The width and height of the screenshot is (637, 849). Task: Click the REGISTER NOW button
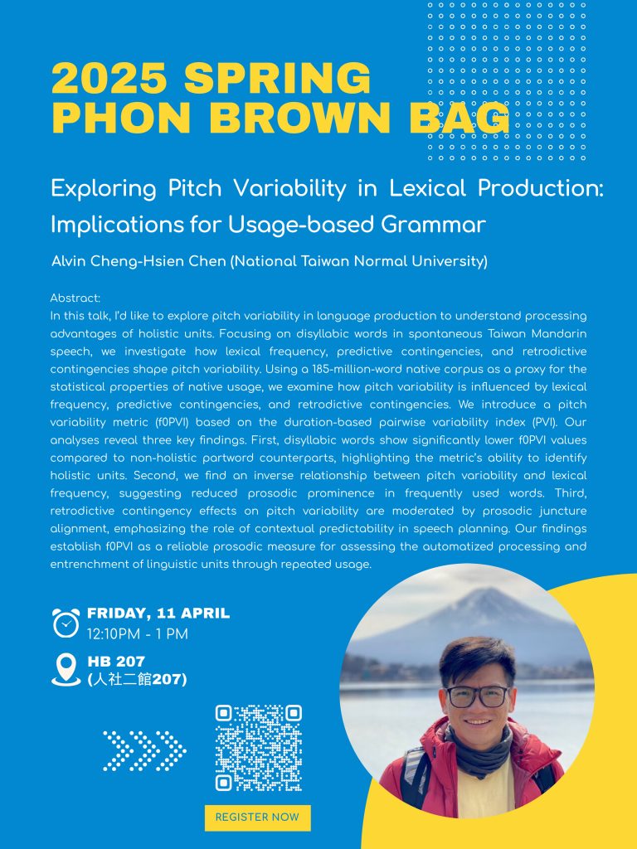point(257,817)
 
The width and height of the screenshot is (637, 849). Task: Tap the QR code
point(259,748)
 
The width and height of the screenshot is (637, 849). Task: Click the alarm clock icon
point(66,623)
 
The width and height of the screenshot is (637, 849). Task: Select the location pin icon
point(66,670)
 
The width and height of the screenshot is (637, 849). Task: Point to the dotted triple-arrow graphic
point(144,751)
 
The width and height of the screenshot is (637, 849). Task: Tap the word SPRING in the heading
point(277,78)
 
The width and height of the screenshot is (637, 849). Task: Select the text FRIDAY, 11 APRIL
point(158,613)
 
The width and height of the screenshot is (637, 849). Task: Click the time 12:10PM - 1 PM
point(138,634)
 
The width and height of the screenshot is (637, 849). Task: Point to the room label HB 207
point(116,661)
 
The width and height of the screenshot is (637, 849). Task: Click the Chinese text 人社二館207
point(137,679)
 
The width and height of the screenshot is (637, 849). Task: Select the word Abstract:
point(75,298)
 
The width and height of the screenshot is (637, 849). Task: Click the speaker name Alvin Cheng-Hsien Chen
point(139,261)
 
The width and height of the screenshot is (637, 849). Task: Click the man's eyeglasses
point(477,696)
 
